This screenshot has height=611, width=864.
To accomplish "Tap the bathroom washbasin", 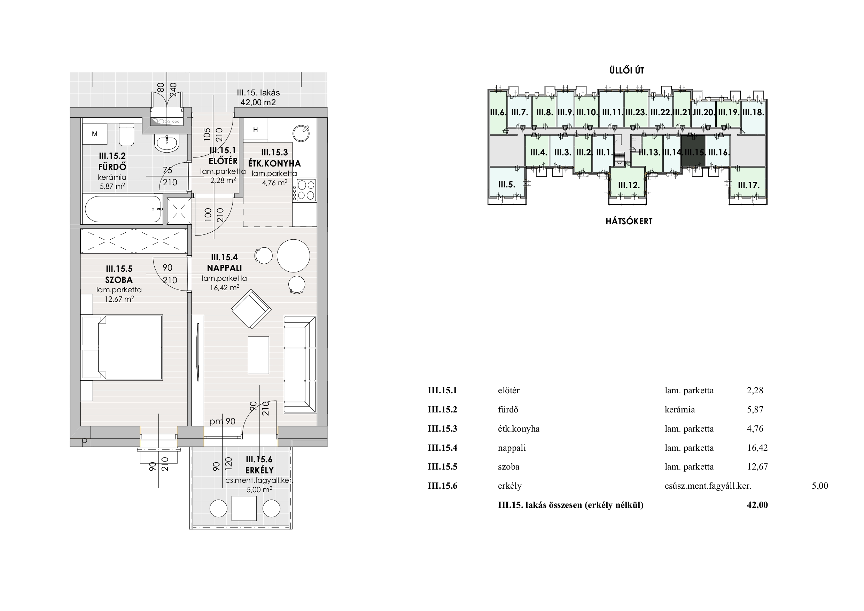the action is [x=167, y=144].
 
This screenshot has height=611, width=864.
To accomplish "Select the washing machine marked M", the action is [x=95, y=134].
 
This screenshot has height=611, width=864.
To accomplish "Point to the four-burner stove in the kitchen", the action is [x=306, y=190].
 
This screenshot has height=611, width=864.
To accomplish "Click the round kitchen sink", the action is [x=302, y=133].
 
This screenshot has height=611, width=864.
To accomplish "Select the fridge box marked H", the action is [x=256, y=130].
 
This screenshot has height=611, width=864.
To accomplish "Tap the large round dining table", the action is [x=293, y=256].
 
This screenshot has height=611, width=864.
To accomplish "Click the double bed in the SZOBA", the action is [x=122, y=347].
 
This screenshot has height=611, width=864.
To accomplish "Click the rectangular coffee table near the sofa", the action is [x=258, y=355].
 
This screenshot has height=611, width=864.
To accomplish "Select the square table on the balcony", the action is [x=244, y=508].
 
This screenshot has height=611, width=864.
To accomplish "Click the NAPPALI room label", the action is [x=224, y=268].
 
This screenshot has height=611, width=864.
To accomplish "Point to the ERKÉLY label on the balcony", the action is [x=259, y=470].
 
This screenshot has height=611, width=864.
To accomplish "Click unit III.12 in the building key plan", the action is [x=629, y=185].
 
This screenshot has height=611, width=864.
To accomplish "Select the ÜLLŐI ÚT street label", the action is [x=626, y=70].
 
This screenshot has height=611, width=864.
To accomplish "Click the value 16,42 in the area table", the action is [x=757, y=448].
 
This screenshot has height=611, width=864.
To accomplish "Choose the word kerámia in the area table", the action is [x=680, y=409].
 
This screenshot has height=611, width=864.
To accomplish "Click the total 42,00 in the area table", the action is [x=757, y=505].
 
